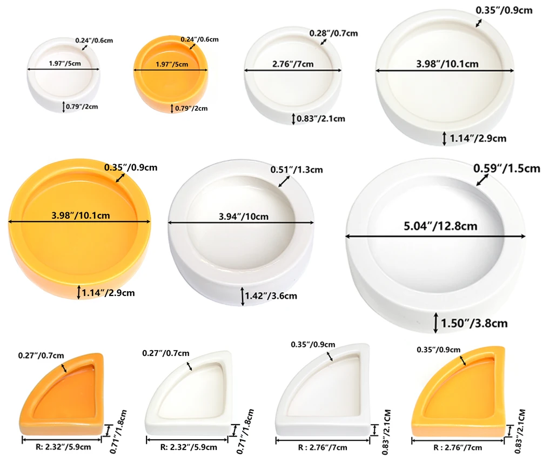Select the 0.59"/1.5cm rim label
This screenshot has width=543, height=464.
coord(507,168)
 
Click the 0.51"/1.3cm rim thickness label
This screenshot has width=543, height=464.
coord(297,170)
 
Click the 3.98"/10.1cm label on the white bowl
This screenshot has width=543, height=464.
coord(447,64)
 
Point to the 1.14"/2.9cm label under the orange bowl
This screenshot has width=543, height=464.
coord(108,293)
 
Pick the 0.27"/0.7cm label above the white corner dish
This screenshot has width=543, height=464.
coord(165,353)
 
